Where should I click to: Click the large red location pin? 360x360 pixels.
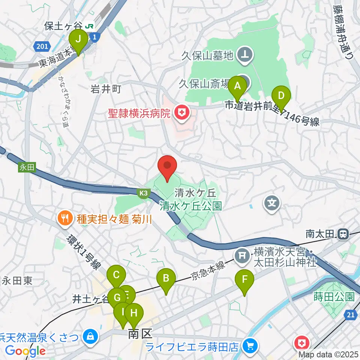click(x=168, y=167)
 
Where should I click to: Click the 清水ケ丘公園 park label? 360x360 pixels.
click(x=191, y=206)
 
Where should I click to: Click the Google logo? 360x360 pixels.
click(x=25, y=351)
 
